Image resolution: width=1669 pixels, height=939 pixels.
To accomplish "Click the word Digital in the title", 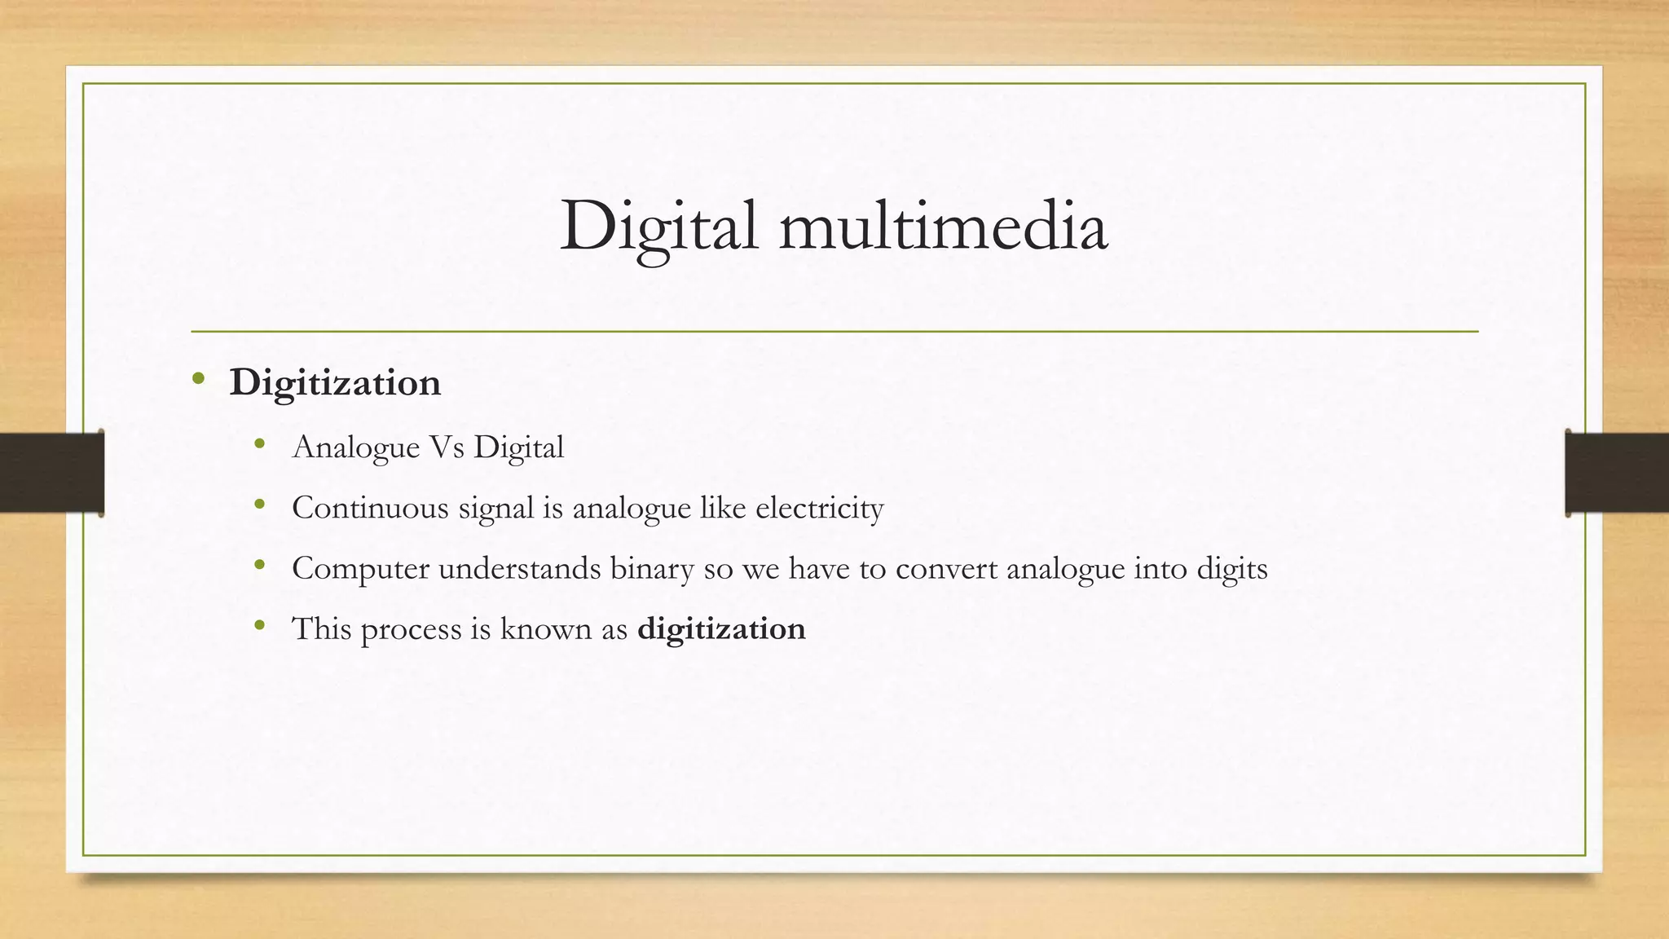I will [x=658, y=227].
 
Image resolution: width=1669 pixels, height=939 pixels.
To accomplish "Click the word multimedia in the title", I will [x=943, y=227].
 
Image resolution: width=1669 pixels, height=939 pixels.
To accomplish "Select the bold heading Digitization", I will [x=335, y=383].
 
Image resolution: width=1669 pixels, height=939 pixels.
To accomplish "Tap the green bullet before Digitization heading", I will [x=198, y=378].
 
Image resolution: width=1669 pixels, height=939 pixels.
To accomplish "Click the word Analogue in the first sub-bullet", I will [x=355, y=447].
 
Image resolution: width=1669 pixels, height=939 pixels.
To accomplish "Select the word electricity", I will [x=819, y=508].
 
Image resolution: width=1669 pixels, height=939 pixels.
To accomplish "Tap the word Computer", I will [x=360, y=568].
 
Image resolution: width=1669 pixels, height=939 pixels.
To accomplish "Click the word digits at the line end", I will [x=1231, y=568].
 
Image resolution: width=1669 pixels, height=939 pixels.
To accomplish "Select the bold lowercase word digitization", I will [x=721, y=629].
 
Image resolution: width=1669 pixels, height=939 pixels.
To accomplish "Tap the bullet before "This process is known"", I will [x=260, y=626].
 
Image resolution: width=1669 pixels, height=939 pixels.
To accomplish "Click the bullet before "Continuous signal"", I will [x=260, y=505].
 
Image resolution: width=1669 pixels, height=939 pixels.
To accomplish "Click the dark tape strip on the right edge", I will [x=1617, y=473].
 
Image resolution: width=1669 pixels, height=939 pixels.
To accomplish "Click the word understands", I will [x=519, y=568].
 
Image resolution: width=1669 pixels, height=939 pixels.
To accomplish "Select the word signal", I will [x=495, y=508].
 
